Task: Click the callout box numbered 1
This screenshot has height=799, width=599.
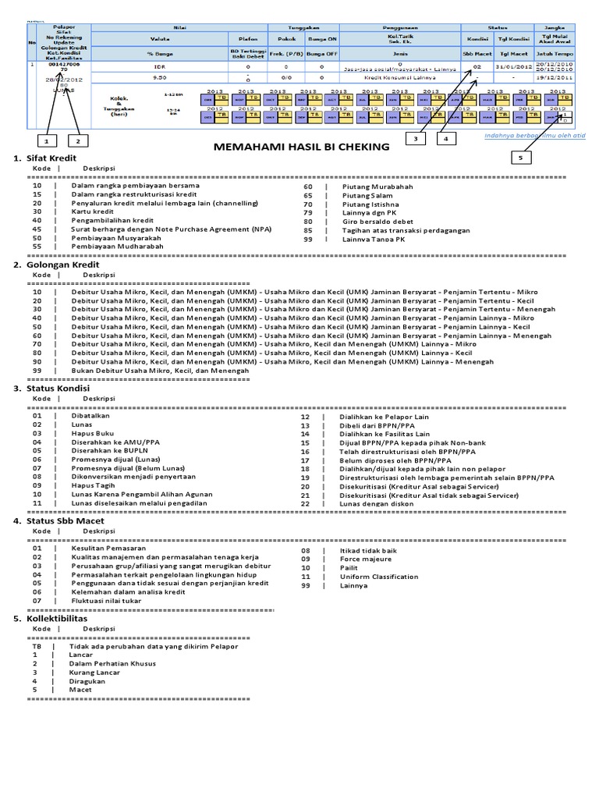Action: point(48,141)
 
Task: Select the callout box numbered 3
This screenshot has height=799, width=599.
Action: point(416,139)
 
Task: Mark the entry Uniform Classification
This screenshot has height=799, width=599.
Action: point(379,577)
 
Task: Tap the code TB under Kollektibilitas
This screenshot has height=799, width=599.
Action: point(36,646)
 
